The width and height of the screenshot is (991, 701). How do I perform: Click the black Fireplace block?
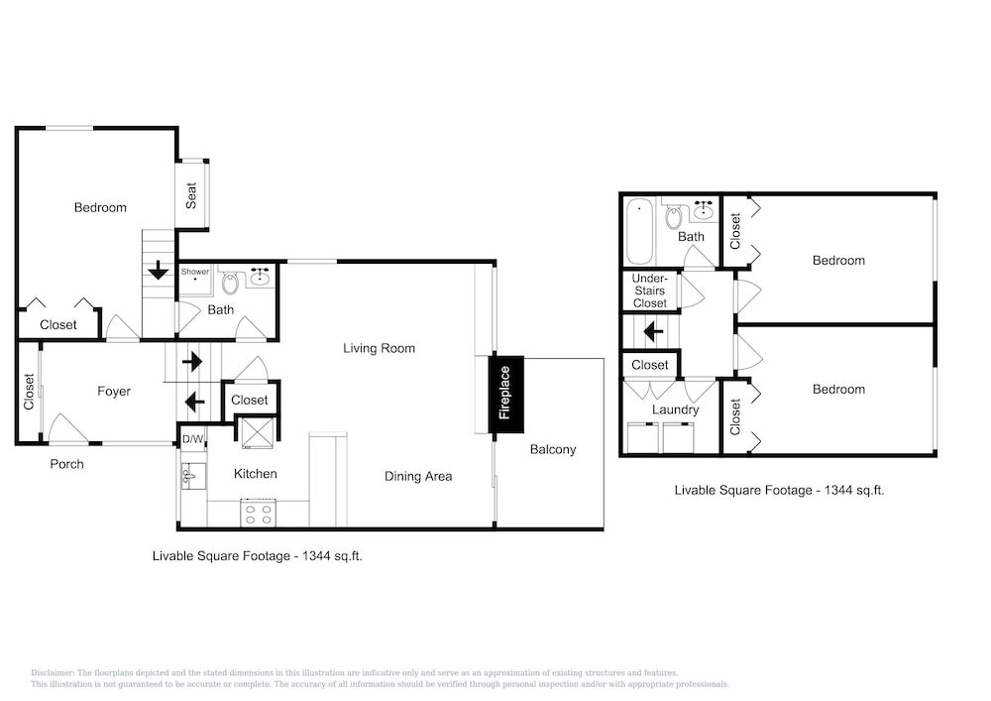(505, 395)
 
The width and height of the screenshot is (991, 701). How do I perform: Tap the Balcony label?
(553, 449)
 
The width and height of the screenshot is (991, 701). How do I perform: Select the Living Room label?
(380, 348)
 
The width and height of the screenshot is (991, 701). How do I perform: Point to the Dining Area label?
(418, 477)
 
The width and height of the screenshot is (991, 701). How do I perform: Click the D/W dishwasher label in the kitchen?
(193, 439)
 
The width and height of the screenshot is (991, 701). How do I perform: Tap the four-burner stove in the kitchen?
(259, 513)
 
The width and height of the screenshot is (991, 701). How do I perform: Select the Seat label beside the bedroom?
(191, 195)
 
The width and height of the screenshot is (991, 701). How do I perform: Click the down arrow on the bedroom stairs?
(158, 271)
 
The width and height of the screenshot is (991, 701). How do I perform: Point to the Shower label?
(194, 271)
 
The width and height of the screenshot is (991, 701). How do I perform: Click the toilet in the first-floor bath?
(230, 283)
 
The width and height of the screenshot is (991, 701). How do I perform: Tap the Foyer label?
(114, 392)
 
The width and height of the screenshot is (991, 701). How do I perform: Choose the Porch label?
(67, 464)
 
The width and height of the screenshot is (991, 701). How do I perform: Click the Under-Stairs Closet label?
(650, 291)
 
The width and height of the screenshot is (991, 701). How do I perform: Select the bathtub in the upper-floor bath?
(639, 231)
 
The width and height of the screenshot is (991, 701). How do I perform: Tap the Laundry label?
(676, 409)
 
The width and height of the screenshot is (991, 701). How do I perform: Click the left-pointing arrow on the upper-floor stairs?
(653, 331)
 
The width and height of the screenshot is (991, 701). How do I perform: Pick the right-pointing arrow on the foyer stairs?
(192, 362)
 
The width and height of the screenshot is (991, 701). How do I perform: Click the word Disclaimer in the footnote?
(54, 673)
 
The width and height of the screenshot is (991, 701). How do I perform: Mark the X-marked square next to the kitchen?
(256, 432)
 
